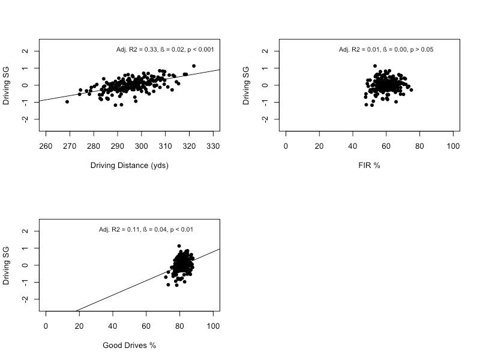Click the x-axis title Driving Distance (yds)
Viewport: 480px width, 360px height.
129,165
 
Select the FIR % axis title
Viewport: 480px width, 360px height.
369,165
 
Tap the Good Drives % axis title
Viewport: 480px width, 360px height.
129,345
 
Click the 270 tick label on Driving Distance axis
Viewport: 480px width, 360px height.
70,146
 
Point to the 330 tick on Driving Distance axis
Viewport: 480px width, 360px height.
213,146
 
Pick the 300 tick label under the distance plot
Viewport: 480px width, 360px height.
142,146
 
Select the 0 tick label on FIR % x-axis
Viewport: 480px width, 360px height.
286,146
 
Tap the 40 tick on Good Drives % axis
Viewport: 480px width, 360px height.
113,326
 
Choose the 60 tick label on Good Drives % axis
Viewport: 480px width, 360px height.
146,326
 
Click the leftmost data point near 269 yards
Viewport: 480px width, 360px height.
67,102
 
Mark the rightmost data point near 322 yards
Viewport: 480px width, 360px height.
194,66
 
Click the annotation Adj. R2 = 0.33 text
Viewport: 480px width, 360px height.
165,49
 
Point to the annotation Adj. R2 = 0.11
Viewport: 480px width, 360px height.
146,229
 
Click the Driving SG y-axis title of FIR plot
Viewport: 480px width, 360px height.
246,85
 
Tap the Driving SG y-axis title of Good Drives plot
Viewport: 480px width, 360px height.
6,265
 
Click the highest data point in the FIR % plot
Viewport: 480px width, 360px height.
375,66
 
